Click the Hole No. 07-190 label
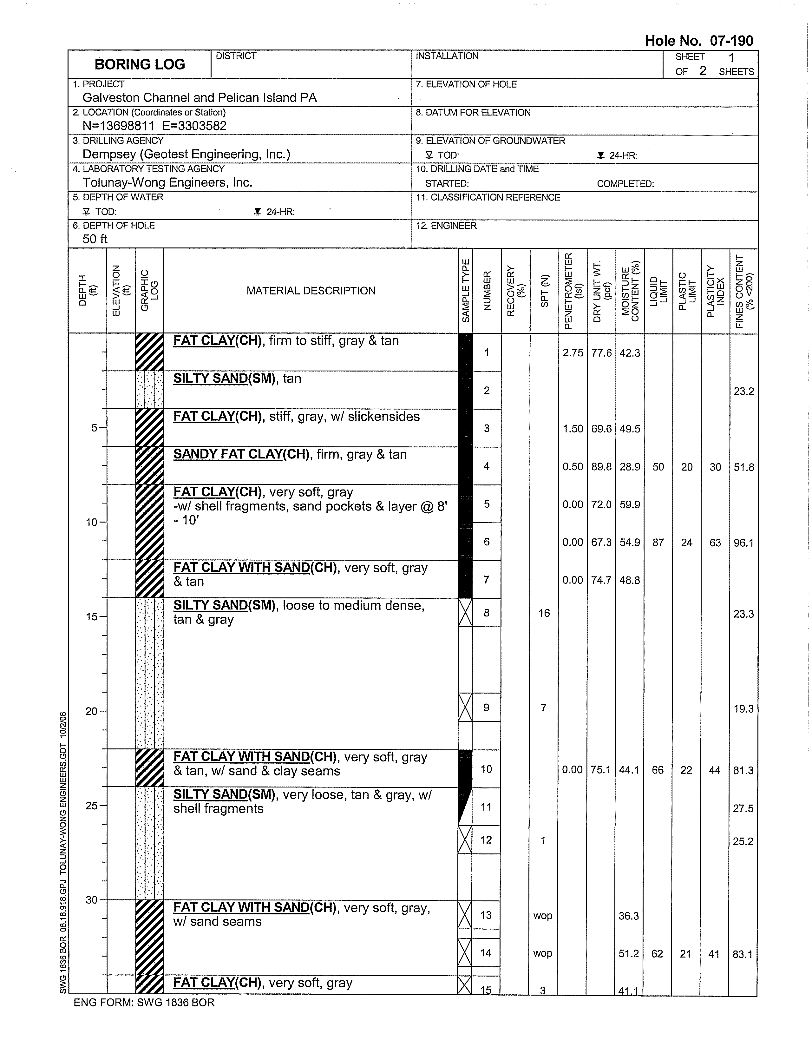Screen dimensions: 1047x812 (x=698, y=41)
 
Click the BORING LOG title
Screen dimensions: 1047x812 (x=140, y=64)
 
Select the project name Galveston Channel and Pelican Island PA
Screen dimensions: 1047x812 (x=200, y=98)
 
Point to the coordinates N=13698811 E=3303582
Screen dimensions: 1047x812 (x=154, y=126)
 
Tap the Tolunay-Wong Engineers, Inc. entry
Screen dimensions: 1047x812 (x=167, y=183)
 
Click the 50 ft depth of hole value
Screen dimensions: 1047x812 (x=95, y=239)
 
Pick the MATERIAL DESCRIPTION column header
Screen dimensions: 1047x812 (x=311, y=291)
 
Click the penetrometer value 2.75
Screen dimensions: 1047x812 (x=573, y=353)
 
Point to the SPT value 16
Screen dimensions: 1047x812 (x=544, y=613)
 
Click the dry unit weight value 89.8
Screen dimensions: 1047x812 (x=601, y=467)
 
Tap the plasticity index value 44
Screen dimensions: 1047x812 (x=714, y=770)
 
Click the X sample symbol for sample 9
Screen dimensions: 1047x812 (x=465, y=708)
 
